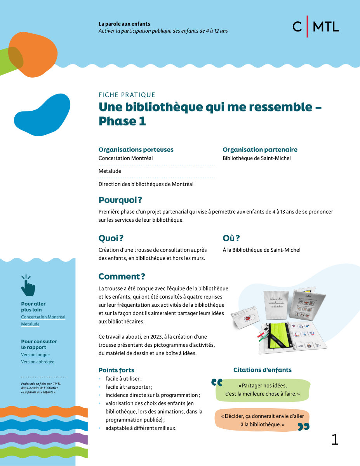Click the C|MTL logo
click(x=315, y=26)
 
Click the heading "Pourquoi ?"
click(x=120, y=200)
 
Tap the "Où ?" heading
click(x=231, y=238)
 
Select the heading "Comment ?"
click(x=122, y=276)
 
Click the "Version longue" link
click(x=35, y=355)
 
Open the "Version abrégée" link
click(x=38, y=362)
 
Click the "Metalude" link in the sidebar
click(x=30, y=324)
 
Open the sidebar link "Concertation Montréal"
click(x=43, y=317)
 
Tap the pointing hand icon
click(x=28, y=285)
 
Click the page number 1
click(x=335, y=440)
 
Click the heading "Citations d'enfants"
click(x=262, y=370)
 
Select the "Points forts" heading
click(x=116, y=370)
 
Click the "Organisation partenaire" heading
click(x=260, y=150)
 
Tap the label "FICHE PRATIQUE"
click(x=127, y=95)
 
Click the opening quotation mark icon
click(x=217, y=383)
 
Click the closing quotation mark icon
click(x=303, y=427)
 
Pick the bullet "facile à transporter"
click(x=129, y=387)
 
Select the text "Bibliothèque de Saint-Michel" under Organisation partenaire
click(x=257, y=158)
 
